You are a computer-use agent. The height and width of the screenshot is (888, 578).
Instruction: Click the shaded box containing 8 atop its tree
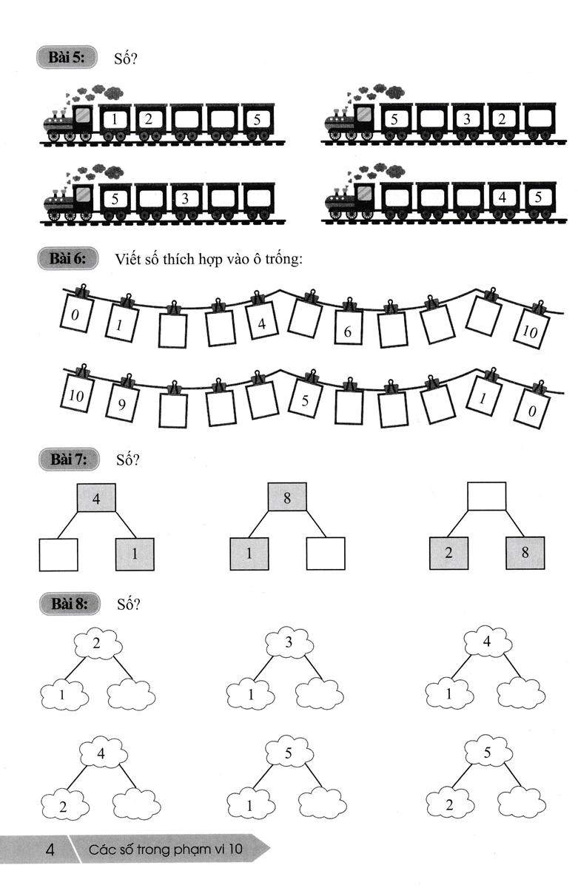[x=287, y=497]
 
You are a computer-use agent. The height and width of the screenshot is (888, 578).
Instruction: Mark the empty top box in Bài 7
[x=487, y=496]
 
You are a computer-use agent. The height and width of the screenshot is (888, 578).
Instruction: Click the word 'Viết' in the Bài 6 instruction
[x=129, y=259]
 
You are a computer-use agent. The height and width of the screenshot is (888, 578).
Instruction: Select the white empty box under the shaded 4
[x=58, y=554]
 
